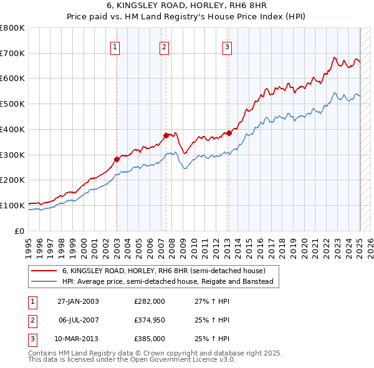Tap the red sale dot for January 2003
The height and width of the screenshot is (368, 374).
click(x=117, y=158)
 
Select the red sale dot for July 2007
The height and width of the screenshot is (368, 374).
click(x=166, y=135)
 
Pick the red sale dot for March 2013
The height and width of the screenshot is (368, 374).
click(x=229, y=133)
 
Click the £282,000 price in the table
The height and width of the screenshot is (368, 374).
click(x=150, y=301)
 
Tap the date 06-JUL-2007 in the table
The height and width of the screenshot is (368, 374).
click(x=78, y=320)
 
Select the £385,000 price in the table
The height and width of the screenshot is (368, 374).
click(x=150, y=339)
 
